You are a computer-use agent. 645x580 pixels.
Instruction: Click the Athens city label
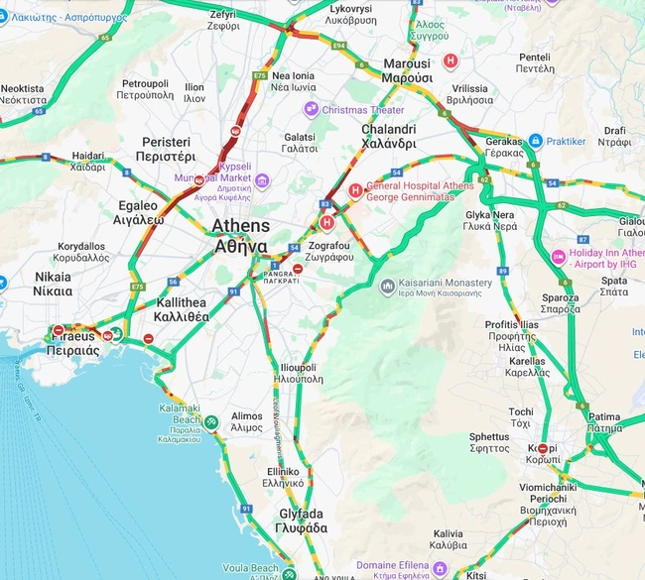click(x=239, y=236)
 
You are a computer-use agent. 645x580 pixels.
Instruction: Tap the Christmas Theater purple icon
click(x=312, y=110)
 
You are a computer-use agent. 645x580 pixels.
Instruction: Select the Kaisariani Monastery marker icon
click(x=387, y=287)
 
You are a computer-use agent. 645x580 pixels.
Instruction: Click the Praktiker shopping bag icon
click(x=536, y=142)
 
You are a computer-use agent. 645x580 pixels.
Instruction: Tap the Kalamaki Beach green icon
click(x=211, y=420)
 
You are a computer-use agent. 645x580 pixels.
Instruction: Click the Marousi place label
click(x=407, y=70)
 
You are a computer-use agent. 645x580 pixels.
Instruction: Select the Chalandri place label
click(x=388, y=136)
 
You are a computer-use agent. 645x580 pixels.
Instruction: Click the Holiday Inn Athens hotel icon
click(x=559, y=258)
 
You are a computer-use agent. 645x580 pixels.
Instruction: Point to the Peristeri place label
click(x=167, y=150)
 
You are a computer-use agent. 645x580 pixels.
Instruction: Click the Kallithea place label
click(x=181, y=309)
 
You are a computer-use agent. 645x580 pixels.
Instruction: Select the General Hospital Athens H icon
click(x=354, y=190)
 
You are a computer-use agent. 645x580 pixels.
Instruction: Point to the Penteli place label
click(x=535, y=62)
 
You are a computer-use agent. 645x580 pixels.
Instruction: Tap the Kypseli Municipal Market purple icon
click(x=262, y=180)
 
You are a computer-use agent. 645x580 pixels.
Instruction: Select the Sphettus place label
click(x=489, y=442)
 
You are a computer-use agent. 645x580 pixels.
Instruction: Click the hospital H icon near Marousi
click(x=451, y=60)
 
